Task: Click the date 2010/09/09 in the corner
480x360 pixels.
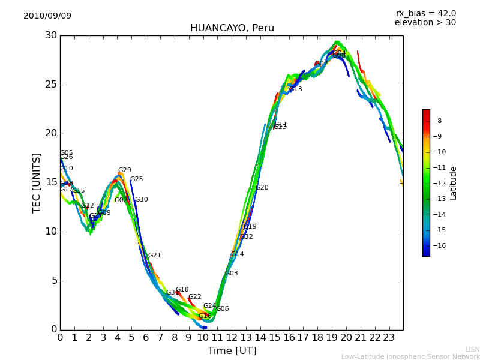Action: tap(47, 16)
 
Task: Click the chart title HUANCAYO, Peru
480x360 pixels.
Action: tap(232, 28)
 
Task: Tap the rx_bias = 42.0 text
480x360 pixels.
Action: tap(425, 13)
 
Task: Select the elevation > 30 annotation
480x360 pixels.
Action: tap(425, 23)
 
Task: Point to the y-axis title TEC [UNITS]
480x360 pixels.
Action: tap(37, 182)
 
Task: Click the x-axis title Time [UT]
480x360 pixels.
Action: tap(232, 351)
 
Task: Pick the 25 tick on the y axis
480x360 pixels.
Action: tap(50, 85)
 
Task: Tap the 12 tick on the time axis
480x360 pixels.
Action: tap(232, 338)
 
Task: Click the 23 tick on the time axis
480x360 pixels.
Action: tap(389, 338)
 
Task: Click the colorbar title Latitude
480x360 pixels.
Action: tap(454, 183)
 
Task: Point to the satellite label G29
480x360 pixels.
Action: tap(124, 170)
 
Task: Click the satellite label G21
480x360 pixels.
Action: tap(154, 256)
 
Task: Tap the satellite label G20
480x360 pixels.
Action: tap(262, 188)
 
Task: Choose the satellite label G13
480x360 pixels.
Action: tap(295, 89)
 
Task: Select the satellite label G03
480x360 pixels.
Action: tap(231, 274)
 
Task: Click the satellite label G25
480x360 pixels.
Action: tap(136, 179)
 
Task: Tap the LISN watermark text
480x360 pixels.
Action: tap(472, 349)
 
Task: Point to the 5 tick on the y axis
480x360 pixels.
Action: tap(53, 281)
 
